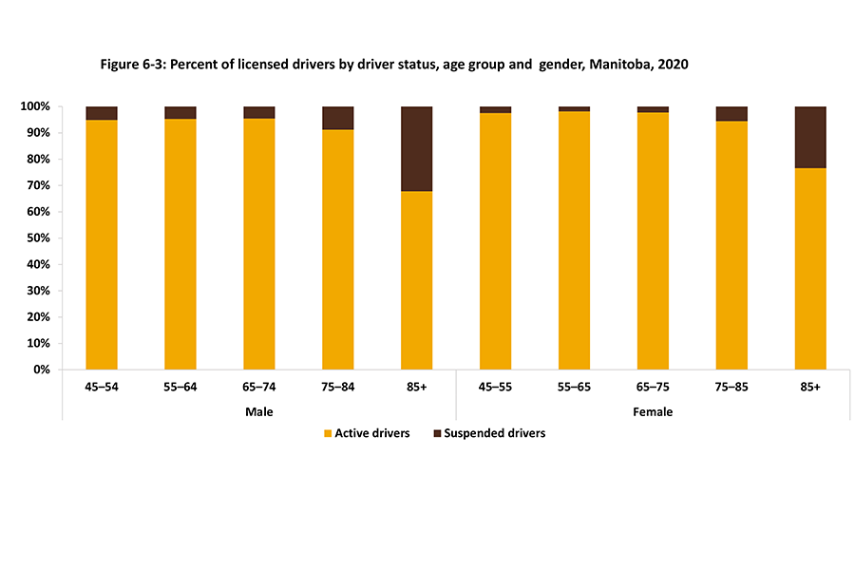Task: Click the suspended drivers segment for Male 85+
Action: [417, 148]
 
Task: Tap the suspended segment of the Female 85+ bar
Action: [810, 137]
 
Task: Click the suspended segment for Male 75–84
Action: [338, 118]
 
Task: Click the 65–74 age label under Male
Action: [259, 388]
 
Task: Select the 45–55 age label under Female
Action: [495, 388]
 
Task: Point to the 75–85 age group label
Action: [731, 388]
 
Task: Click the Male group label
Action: [259, 411]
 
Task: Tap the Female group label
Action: [653, 411]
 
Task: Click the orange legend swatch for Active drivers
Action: [329, 433]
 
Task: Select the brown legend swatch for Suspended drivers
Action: [439, 433]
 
